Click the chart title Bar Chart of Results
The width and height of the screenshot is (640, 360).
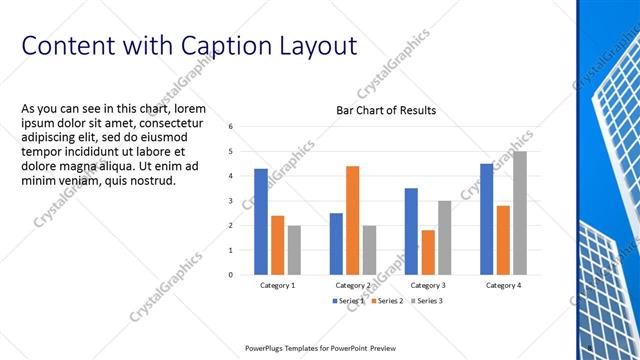pyautogui.click(x=386, y=110)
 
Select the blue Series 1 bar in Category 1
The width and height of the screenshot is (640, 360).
pyautogui.click(x=260, y=221)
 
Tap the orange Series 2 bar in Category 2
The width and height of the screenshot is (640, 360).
pyautogui.click(x=352, y=220)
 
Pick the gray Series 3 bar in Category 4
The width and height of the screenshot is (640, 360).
pyautogui.click(x=519, y=213)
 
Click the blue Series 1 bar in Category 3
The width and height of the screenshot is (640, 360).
pyautogui.click(x=411, y=231)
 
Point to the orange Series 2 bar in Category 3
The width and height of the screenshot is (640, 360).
pyautogui.click(x=428, y=252)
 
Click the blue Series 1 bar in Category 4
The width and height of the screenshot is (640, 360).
pyautogui.click(x=486, y=219)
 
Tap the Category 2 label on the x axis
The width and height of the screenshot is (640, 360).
pyautogui.click(x=352, y=286)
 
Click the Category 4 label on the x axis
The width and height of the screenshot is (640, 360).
pyautogui.click(x=502, y=286)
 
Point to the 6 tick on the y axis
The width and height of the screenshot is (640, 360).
pyautogui.click(x=231, y=127)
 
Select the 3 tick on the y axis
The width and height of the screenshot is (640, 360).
pyautogui.click(x=231, y=201)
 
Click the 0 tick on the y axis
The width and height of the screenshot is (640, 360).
pyautogui.click(x=231, y=274)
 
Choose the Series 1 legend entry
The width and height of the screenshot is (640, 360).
pyautogui.click(x=347, y=301)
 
